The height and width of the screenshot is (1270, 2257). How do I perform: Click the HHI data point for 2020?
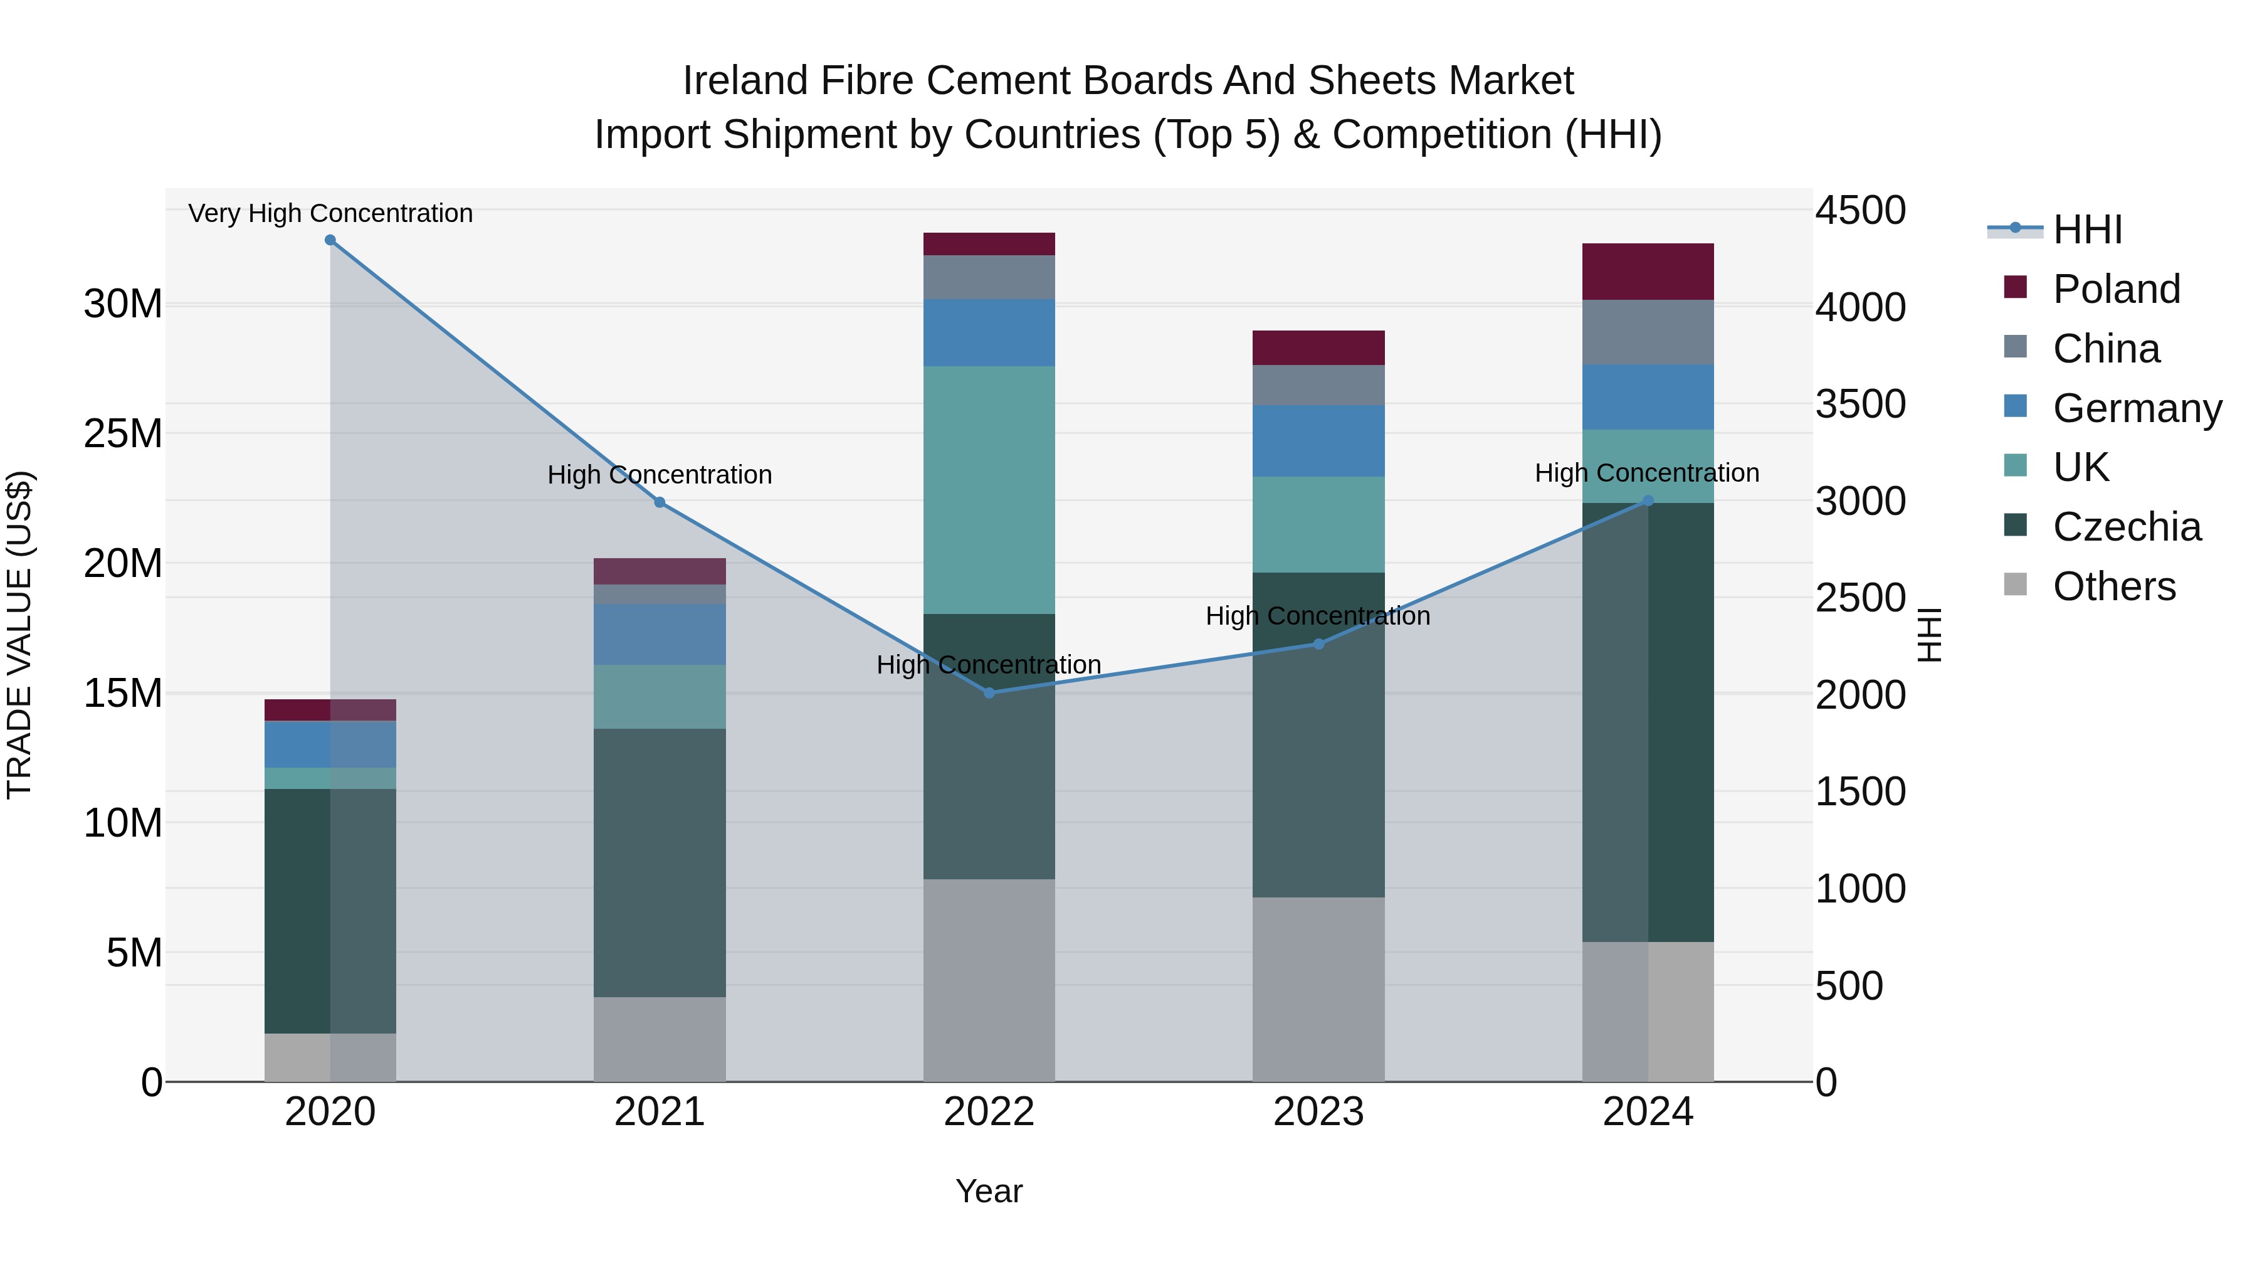click(x=330, y=240)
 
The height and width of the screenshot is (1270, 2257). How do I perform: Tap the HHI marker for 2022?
click(x=989, y=692)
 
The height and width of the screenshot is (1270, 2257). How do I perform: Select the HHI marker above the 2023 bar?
click(x=1318, y=644)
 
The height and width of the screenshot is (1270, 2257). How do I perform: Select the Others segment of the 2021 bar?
click(x=660, y=1039)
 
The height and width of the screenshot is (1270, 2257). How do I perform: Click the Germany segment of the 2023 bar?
click(x=1318, y=441)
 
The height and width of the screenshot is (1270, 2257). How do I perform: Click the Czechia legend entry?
click(x=2127, y=527)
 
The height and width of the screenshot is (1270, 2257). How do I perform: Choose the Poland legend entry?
click(x=2116, y=289)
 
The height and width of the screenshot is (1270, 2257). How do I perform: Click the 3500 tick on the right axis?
click(x=1860, y=405)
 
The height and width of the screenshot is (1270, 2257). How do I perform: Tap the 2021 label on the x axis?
click(x=660, y=1112)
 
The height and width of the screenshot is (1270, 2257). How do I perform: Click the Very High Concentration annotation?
click(x=330, y=214)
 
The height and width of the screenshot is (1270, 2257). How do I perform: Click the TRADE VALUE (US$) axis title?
click(x=19, y=635)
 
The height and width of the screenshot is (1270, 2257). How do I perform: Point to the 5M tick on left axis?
click(x=134, y=953)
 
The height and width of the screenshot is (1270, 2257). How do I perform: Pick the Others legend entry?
click(x=2113, y=587)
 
